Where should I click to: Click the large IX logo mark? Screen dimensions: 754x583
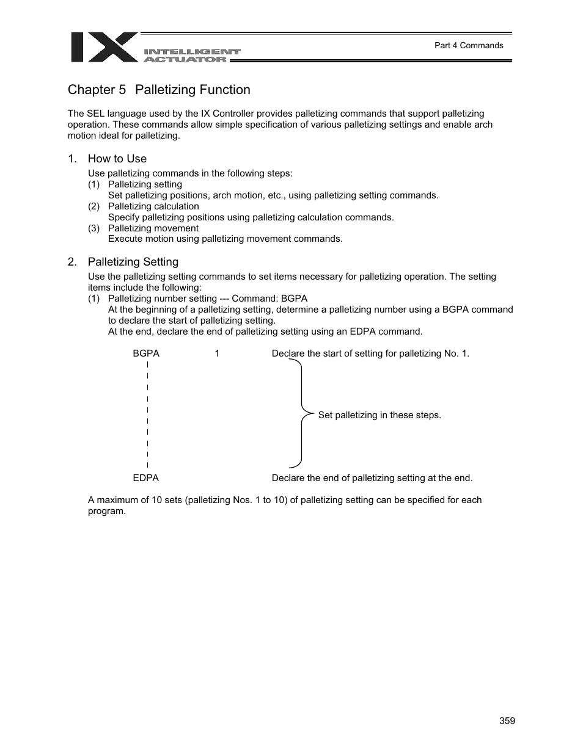coord(104,48)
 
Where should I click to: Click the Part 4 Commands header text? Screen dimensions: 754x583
coord(468,45)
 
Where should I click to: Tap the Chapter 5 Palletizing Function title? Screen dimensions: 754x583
coord(159,90)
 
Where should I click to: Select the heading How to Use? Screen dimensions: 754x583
coord(117,159)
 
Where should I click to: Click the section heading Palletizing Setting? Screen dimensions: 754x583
coord(133,262)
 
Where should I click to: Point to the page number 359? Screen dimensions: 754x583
coord(507,721)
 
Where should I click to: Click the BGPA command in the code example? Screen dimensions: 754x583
coord(146,353)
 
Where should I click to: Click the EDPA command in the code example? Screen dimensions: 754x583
coord(145,478)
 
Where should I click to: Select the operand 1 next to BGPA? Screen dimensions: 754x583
coord(217,353)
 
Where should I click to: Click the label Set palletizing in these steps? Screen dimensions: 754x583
coord(379,415)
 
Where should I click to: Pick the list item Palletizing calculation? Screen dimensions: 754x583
coord(153,206)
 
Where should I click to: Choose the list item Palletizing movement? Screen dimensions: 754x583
coord(153,228)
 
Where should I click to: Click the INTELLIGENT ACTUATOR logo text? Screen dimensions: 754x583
coord(192,56)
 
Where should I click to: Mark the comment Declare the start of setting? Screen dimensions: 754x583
coord(370,353)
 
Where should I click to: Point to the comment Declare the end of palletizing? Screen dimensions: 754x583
coord(372,478)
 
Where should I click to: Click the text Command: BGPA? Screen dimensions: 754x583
coord(269,299)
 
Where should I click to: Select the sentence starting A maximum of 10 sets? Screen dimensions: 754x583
coord(284,500)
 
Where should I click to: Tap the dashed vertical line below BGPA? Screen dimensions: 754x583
coord(148,415)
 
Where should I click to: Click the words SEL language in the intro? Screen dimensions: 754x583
coord(110,114)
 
